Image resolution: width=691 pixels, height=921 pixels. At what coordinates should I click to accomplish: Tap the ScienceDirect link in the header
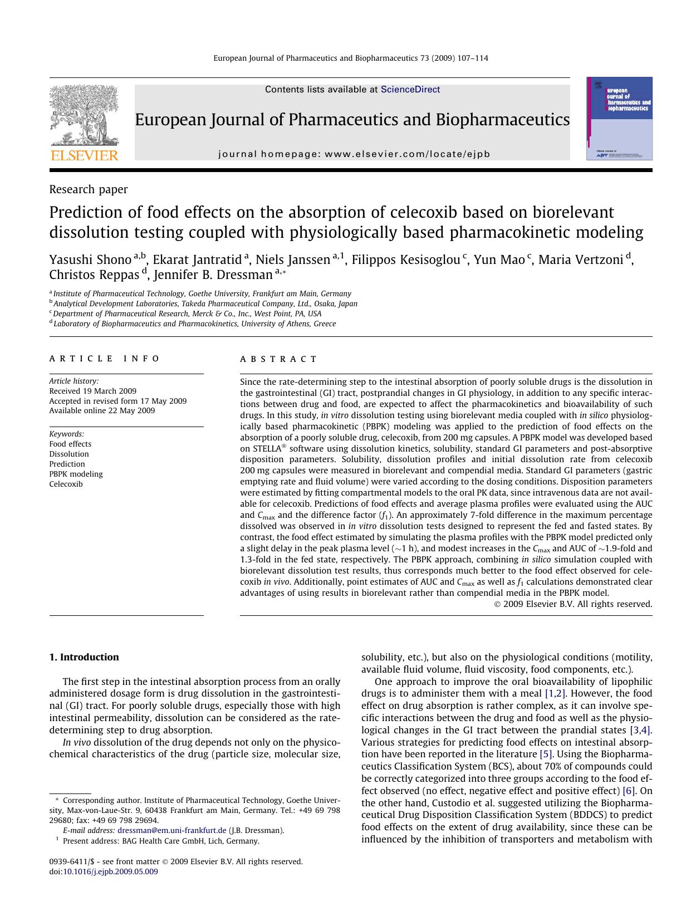(x=410, y=90)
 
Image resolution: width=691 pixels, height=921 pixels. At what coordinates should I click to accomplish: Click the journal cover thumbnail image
(x=619, y=119)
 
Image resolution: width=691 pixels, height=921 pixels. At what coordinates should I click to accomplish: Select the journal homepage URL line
(x=354, y=154)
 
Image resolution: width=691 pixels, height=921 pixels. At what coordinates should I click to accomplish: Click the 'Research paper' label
(x=89, y=189)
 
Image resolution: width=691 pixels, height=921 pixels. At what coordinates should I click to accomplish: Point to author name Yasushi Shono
(x=90, y=259)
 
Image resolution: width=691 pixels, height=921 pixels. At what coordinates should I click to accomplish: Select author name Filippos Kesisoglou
(x=405, y=259)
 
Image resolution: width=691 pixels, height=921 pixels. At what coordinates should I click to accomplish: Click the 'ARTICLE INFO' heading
(x=105, y=359)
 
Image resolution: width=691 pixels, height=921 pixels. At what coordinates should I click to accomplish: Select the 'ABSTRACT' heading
(x=278, y=359)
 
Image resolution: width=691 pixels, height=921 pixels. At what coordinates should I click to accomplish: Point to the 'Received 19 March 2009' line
(x=92, y=391)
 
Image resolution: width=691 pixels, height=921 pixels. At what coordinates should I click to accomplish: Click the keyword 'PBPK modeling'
(x=76, y=474)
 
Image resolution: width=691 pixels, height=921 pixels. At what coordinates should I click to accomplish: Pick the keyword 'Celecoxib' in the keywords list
(x=66, y=484)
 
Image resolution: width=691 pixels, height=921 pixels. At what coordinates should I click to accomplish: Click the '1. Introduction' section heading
(x=84, y=657)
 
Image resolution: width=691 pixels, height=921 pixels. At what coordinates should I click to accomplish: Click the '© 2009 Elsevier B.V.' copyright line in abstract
(x=573, y=604)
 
